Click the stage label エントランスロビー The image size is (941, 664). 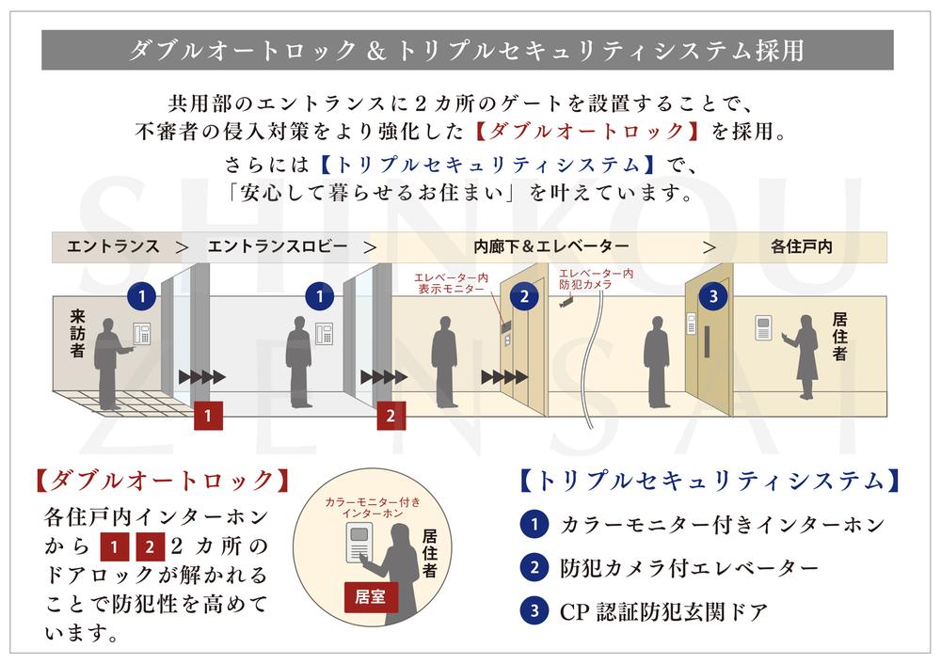pyautogui.click(x=278, y=246)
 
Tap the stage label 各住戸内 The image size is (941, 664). pyautogui.click(x=801, y=246)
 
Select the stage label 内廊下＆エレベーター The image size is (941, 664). pyautogui.click(x=550, y=246)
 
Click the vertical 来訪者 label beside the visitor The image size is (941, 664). pyautogui.click(x=77, y=333)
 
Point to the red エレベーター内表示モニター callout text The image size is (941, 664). pyautogui.click(x=451, y=283)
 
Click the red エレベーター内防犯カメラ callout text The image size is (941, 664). pyautogui.click(x=596, y=279)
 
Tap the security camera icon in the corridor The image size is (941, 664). pyautogui.click(x=566, y=304)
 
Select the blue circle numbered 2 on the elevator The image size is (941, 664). pyautogui.click(x=524, y=296)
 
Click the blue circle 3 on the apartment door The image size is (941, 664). pyautogui.click(x=713, y=296)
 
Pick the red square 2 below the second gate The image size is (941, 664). pyautogui.click(x=391, y=416)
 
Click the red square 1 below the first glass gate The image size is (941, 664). pyautogui.click(x=208, y=416)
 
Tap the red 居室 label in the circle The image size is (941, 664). pyautogui.click(x=370, y=597)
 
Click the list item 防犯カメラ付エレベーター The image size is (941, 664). pyautogui.click(x=689, y=567)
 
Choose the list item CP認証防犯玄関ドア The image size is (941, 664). pyautogui.click(x=663, y=612)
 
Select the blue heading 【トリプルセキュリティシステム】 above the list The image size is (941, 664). pyautogui.click(x=710, y=481)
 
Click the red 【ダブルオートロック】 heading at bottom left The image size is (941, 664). pyautogui.click(x=162, y=481)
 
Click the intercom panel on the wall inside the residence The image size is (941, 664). pyautogui.click(x=763, y=327)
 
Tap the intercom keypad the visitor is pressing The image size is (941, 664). pyautogui.click(x=142, y=334)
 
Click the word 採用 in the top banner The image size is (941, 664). pyautogui.click(x=779, y=51)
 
